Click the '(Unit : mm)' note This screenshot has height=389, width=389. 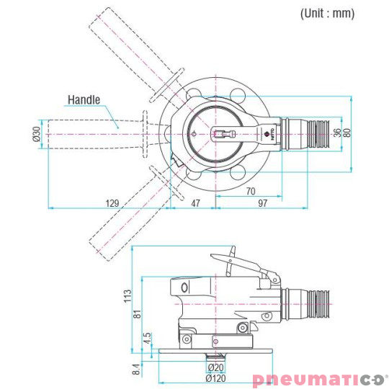pyautogui.click(x=327, y=13)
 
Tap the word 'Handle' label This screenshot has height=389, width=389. pyautogui.click(x=84, y=100)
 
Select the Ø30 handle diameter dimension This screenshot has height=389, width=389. pyautogui.click(x=37, y=134)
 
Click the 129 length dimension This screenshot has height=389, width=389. pyautogui.click(x=112, y=203)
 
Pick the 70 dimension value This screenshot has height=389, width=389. pyautogui.click(x=251, y=191)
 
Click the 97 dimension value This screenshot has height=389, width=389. pyautogui.click(x=262, y=203)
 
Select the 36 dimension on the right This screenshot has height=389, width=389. pyautogui.click(x=337, y=133)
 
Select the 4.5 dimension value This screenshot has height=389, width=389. pyautogui.click(x=148, y=338)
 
